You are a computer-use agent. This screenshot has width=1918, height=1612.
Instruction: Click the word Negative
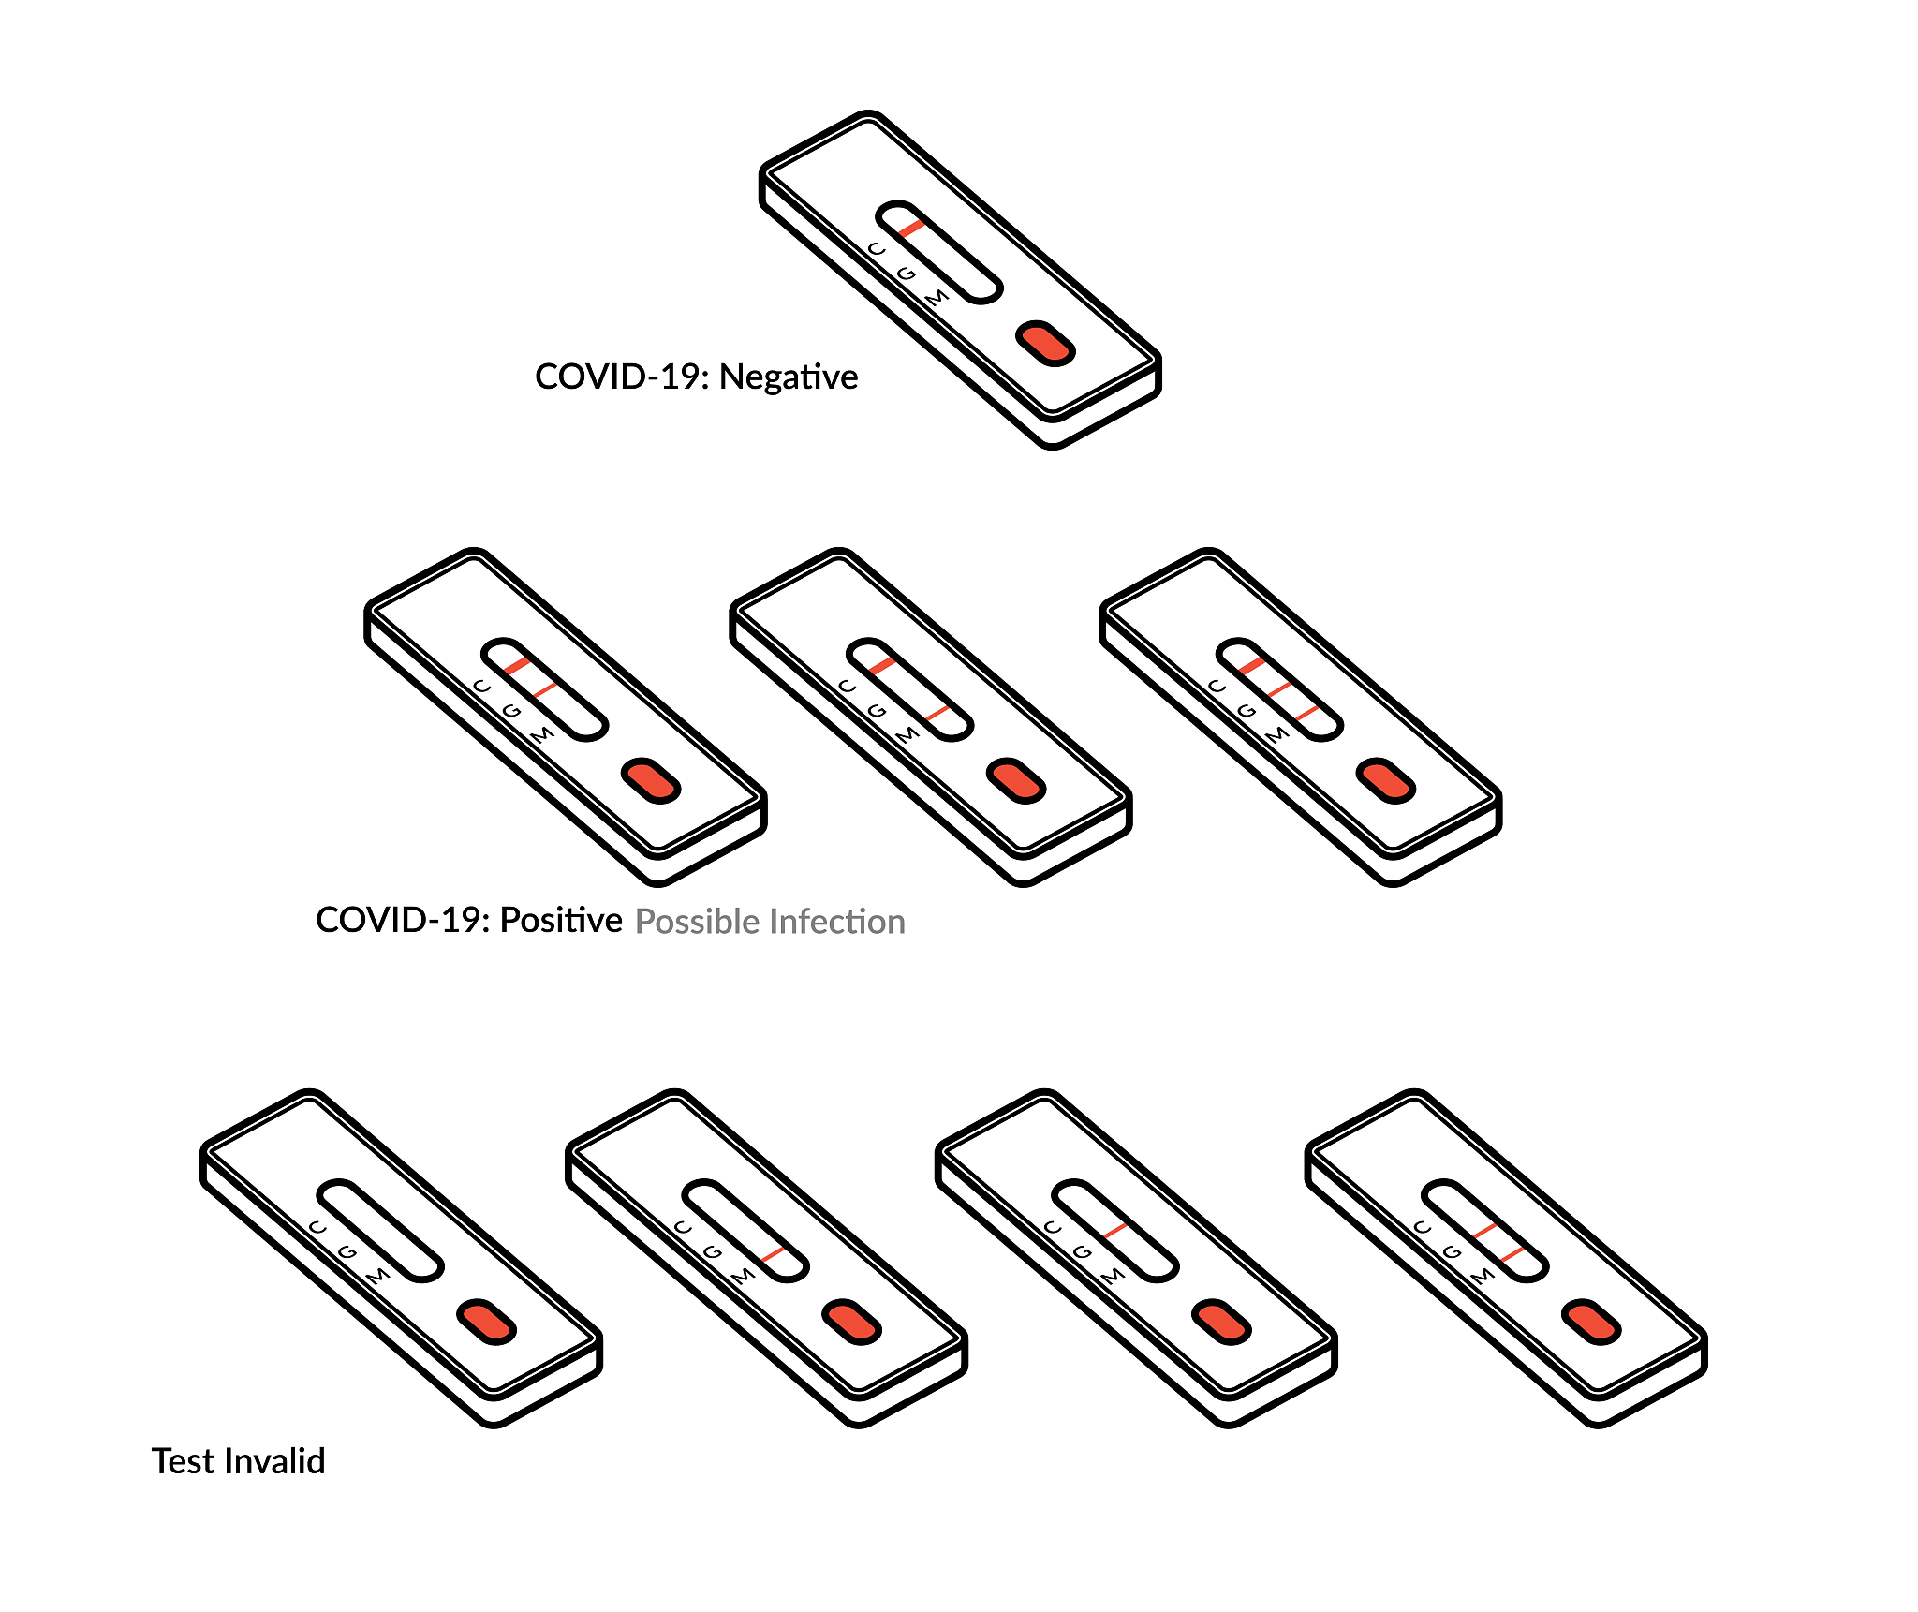click(789, 377)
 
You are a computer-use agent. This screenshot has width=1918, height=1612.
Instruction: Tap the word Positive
click(561, 920)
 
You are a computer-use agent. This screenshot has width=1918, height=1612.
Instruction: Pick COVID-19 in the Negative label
click(623, 377)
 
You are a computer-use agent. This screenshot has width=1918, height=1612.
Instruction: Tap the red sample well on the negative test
click(1045, 344)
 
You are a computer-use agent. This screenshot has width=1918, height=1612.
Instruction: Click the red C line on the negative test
click(911, 228)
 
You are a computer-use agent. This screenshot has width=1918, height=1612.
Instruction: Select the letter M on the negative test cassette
click(937, 298)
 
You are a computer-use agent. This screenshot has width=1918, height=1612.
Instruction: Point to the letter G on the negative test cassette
click(906, 274)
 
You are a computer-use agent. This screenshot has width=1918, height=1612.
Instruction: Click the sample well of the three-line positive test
click(1386, 781)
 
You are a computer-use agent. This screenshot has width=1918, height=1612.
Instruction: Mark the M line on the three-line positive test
click(1307, 714)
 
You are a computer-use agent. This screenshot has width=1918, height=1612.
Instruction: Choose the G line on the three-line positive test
click(1280, 689)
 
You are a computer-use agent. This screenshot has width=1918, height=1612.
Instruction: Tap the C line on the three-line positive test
click(1252, 665)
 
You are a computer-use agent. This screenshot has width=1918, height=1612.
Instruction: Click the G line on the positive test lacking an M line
click(545, 689)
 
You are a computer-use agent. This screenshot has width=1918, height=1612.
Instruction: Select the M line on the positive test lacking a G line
click(937, 714)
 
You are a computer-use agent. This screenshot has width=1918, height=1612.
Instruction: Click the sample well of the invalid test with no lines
click(486, 1322)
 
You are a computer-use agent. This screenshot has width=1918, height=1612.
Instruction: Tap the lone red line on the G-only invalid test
click(1114, 1231)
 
